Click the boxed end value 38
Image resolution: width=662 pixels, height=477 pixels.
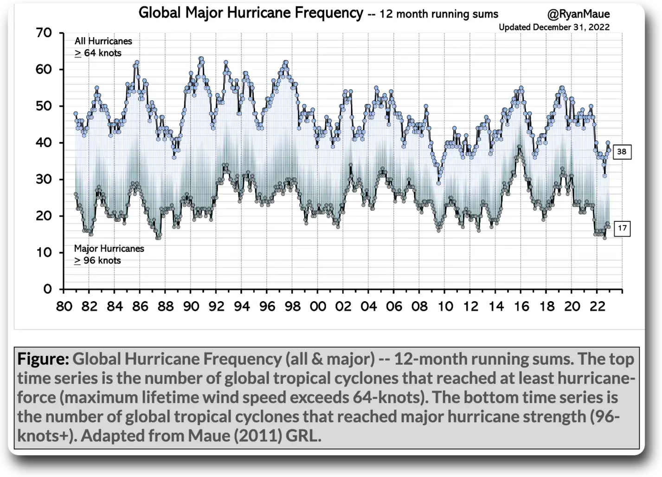pos(622,152)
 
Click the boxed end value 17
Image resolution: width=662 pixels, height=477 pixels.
pos(622,228)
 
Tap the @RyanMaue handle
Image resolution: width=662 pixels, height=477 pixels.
pos(578,14)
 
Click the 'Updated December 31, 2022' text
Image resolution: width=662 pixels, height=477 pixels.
pos(554,27)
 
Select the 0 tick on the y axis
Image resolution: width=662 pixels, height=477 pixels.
pos(47,289)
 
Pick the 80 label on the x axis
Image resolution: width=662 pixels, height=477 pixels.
pos(64,307)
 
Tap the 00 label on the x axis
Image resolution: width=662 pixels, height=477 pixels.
pos(318,307)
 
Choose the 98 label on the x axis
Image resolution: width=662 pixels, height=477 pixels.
pos(293,307)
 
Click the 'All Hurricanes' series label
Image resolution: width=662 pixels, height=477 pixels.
pos(103,41)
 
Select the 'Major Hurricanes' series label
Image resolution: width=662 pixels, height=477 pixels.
pos(109,249)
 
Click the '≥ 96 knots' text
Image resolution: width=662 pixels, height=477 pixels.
pos(97,261)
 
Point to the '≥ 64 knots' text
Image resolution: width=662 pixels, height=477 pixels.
pos(98,53)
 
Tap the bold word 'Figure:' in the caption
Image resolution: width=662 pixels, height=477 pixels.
pos(43,359)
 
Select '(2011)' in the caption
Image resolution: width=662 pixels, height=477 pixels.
pos(258,436)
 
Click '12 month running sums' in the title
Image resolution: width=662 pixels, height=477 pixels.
pos(439,14)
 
